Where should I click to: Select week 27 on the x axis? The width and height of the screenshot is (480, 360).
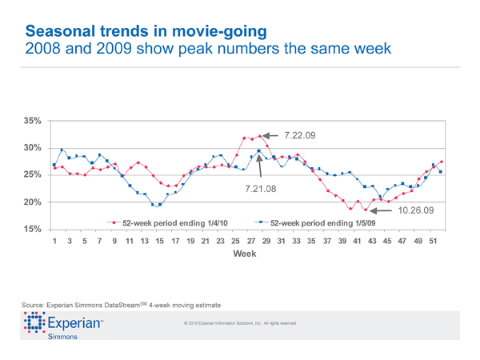coord(250,241)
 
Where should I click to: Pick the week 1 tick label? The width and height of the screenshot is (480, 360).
coord(54,241)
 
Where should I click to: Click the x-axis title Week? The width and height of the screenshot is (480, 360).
coord(244,253)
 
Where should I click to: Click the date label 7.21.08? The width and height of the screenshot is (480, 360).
coord(261,190)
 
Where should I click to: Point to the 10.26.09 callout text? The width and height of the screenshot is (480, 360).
coord(415,210)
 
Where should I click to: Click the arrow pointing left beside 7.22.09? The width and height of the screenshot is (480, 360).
coord(270,135)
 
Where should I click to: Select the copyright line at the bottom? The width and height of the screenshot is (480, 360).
coord(240,323)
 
